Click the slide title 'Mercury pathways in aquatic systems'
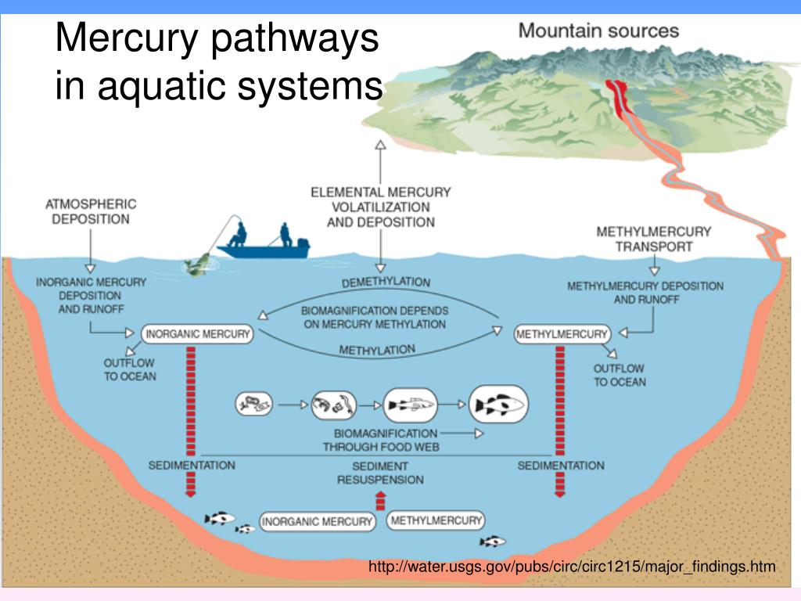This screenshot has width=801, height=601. pos(217,62)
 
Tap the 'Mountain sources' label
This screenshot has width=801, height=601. pos(599,31)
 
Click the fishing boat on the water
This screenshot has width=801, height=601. pos(263,247)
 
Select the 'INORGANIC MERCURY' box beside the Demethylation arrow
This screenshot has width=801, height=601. pos(197,334)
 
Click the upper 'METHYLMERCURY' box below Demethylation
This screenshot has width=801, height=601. pos(561,334)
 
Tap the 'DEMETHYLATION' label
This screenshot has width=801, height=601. pos(386,281)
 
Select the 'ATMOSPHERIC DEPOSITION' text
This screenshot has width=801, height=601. pos(91,211)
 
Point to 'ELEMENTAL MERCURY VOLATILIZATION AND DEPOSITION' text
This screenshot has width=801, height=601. pos(380,207)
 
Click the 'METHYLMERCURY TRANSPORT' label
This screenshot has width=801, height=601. pos(653,239)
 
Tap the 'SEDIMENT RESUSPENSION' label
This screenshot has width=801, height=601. pos(380,473)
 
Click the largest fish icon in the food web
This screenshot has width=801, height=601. pos(498,405)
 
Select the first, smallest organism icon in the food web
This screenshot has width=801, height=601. pos(254,405)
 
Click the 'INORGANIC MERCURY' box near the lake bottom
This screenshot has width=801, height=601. pos(317,521)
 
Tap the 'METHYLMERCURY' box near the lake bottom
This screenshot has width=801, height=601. pos(435,520)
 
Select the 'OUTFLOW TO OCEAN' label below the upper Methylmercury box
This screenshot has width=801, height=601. pos(619,375)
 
